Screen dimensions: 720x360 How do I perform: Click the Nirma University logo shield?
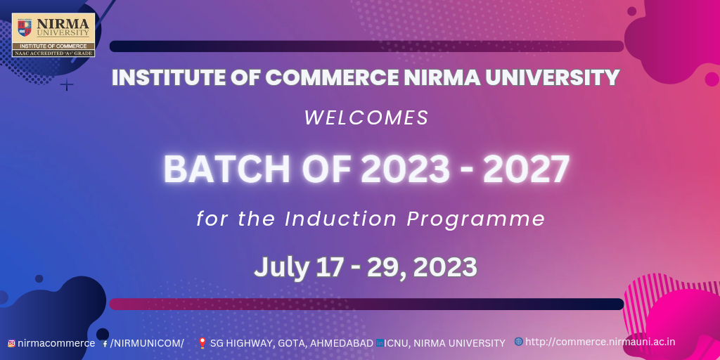click(25, 27)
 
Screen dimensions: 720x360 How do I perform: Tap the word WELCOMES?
click(366, 118)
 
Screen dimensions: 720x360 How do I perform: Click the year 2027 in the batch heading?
click(526, 169)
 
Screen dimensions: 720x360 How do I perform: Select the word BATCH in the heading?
click(227, 169)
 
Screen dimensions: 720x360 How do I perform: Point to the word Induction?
click(341, 219)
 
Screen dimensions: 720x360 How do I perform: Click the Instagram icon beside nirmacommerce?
click(11, 343)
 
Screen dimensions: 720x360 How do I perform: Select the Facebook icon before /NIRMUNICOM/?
click(105, 343)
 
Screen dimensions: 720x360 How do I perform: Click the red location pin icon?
click(202, 343)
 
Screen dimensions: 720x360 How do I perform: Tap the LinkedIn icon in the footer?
click(380, 342)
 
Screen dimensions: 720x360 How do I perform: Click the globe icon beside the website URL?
click(519, 341)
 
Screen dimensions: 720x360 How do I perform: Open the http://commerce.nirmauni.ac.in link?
click(600, 342)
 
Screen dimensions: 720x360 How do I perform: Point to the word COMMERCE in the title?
click(332, 77)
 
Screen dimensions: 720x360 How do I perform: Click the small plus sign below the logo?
click(67, 84)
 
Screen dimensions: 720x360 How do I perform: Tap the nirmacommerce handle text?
click(56, 343)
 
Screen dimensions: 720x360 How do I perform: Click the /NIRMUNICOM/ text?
click(147, 343)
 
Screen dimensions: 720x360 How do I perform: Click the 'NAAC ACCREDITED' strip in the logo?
click(53, 53)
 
